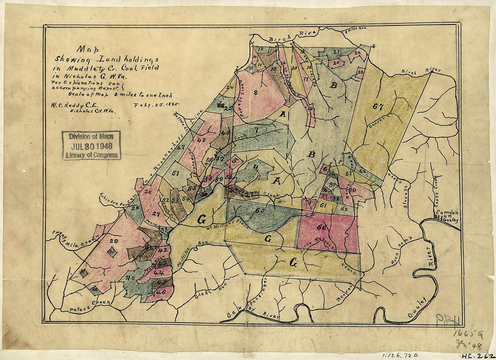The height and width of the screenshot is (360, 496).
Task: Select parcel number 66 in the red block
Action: tap(321, 227)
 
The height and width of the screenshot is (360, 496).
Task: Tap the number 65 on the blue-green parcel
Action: tap(259, 210)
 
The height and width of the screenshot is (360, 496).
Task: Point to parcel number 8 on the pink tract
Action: tap(255, 93)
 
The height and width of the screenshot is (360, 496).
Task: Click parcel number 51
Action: tap(175, 172)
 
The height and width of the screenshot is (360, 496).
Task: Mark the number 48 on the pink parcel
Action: tap(201, 140)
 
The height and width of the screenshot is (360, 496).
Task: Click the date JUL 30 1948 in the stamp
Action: tap(92, 145)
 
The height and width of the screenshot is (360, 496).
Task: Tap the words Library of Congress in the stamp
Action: tap(92, 155)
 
